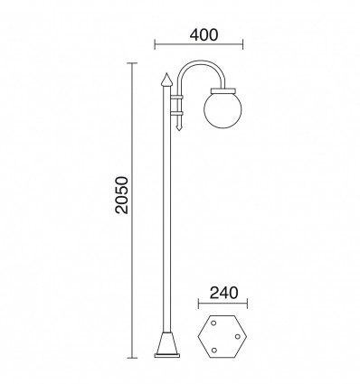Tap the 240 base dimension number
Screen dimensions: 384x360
pos(222,292)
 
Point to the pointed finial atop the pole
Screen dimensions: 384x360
pos(166,80)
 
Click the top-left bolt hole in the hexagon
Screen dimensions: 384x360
pos(213,323)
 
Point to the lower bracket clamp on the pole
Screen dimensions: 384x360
pos(177,114)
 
